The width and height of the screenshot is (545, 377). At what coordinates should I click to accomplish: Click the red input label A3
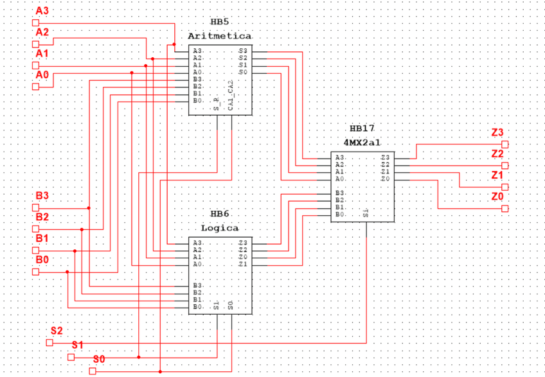(42, 10)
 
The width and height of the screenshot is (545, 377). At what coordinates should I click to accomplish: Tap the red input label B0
(42, 259)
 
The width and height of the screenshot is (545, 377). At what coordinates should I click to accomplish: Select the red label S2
(57, 330)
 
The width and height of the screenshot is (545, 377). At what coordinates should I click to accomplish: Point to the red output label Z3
(497, 132)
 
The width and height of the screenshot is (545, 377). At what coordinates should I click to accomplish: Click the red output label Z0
(497, 197)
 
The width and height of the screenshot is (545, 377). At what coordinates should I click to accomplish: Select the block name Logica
(220, 228)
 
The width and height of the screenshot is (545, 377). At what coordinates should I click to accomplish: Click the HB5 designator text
(220, 22)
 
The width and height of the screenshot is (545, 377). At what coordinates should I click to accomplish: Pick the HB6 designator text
(220, 214)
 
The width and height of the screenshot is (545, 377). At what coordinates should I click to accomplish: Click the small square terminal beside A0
(36, 87)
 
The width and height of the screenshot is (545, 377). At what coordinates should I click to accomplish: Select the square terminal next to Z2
(505, 166)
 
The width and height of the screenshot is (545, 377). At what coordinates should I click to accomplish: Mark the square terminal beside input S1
(71, 356)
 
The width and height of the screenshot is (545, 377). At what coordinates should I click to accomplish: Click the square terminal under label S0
(93, 371)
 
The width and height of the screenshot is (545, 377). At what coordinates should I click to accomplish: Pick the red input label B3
(42, 195)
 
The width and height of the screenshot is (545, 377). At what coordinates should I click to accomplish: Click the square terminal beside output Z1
(505, 187)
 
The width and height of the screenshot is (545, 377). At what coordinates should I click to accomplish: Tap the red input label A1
(42, 53)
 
